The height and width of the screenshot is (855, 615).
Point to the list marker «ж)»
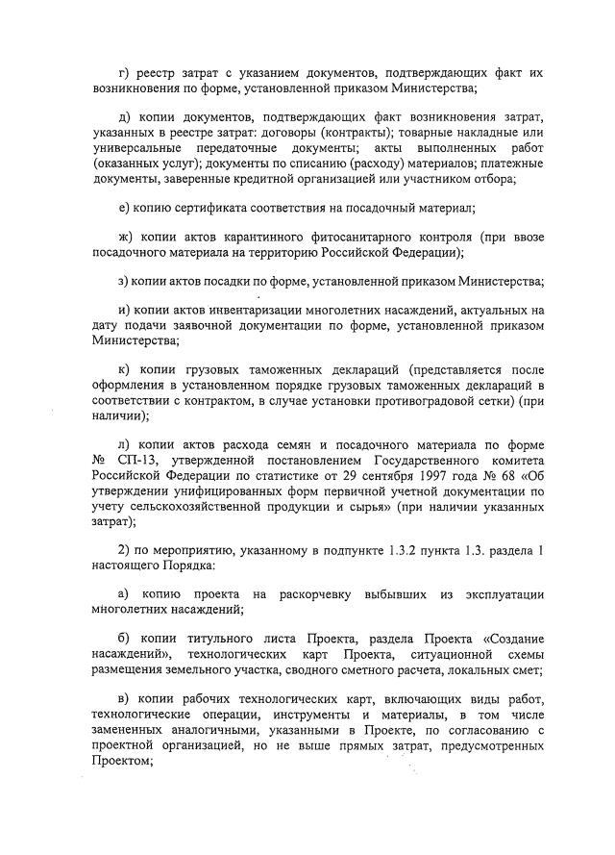[x=124, y=237]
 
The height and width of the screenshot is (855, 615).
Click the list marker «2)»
[x=122, y=550]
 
